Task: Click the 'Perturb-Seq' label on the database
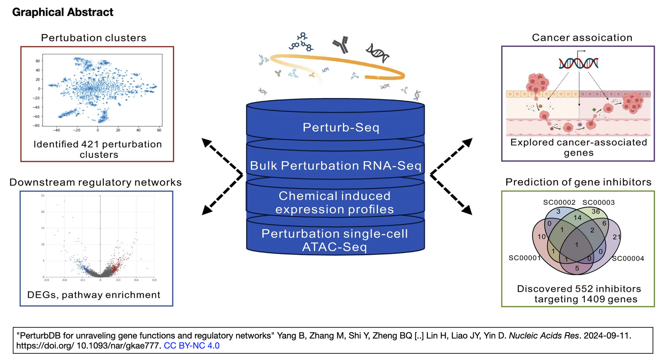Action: [341, 127]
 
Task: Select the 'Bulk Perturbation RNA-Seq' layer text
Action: [335, 166]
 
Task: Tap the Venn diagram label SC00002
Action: [559, 202]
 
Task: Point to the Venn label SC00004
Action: [628, 259]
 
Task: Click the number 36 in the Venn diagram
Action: [596, 211]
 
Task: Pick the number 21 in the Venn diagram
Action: [617, 237]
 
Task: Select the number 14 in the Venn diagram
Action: [578, 218]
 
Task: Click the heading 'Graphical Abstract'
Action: [63, 12]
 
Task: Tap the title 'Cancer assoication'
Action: [582, 38]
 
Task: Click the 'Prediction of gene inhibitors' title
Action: [578, 182]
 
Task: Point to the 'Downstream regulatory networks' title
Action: [95, 182]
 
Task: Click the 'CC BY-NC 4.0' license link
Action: [192, 346]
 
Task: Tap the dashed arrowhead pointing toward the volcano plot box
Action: [207, 210]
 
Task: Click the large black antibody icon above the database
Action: [341, 45]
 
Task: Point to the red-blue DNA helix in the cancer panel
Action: [578, 63]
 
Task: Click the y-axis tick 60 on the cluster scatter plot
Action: [38, 61]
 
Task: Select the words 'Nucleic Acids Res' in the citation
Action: [543, 336]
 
